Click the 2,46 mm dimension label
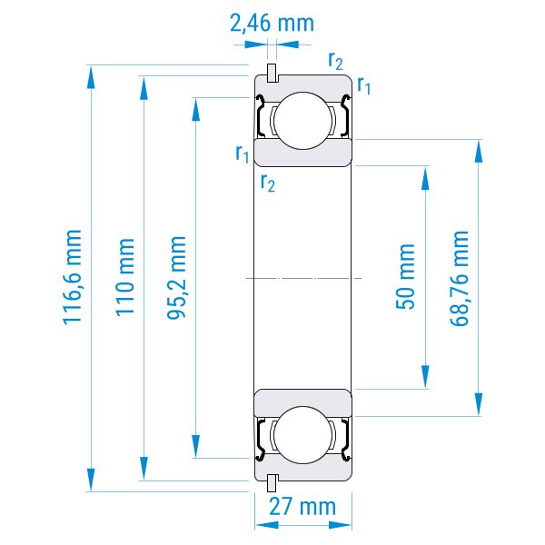pos(272,24)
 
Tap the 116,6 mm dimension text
pos(73,277)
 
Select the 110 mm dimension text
pos(124,277)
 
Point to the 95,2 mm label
pos(176,277)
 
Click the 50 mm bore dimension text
pos(405,277)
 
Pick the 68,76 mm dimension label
pos(460,279)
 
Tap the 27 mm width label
pos(302,507)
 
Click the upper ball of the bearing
pos(302,121)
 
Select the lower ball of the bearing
pos(302,435)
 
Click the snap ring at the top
pos(272,73)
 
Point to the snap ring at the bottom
pos(272,483)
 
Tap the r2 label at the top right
pos(335,61)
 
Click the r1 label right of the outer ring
pos(364,85)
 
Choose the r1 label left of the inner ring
pos(243,154)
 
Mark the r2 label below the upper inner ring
pos(268,183)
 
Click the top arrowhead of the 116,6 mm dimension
pos(91,77)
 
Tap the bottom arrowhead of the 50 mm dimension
pos(425,377)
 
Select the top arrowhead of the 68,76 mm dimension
pos(479,151)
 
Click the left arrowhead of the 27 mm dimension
pos(266,525)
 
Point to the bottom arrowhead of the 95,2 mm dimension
pos(196,446)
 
